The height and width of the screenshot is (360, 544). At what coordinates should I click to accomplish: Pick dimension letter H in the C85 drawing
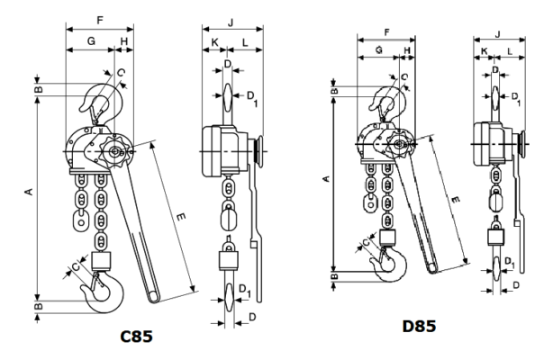[123, 41]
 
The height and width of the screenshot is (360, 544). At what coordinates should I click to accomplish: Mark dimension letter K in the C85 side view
[213, 41]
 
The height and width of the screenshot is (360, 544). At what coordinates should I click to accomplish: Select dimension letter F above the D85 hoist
[386, 33]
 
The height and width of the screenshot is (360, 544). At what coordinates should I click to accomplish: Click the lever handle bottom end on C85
[154, 297]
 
